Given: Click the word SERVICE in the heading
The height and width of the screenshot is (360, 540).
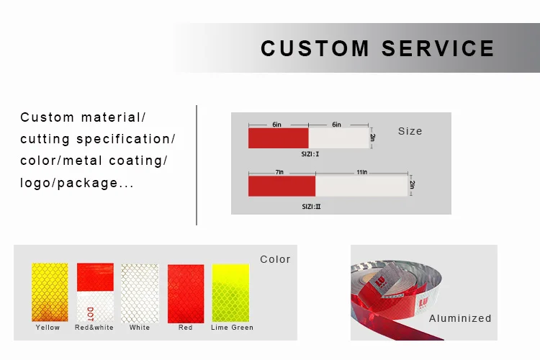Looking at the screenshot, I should point(438,48).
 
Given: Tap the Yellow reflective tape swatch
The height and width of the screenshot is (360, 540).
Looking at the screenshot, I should point(49,292).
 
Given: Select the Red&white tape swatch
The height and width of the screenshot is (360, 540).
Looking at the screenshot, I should point(95,292).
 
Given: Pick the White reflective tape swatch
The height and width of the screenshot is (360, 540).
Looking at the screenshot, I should point(140,292).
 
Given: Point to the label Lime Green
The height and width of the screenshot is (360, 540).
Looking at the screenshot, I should point(232,328).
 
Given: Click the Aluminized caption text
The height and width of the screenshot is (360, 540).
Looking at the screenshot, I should point(460,318).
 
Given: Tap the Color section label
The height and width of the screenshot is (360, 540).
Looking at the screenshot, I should point(275,259).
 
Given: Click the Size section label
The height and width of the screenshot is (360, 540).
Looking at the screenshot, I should point(410,131).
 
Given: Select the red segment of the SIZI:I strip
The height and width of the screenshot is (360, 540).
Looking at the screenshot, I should point(278,138).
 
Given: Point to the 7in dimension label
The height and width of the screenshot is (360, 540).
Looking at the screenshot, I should point(281,173).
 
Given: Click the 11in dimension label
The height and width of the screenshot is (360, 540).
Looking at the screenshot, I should point(361,173).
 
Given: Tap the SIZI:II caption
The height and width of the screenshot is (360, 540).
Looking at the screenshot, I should point(311,207).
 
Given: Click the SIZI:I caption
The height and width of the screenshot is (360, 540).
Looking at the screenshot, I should point(310,154).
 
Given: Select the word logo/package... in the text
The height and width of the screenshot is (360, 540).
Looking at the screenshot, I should point(77,183).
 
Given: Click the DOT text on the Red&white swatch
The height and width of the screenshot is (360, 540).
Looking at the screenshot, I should point(90,314).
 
